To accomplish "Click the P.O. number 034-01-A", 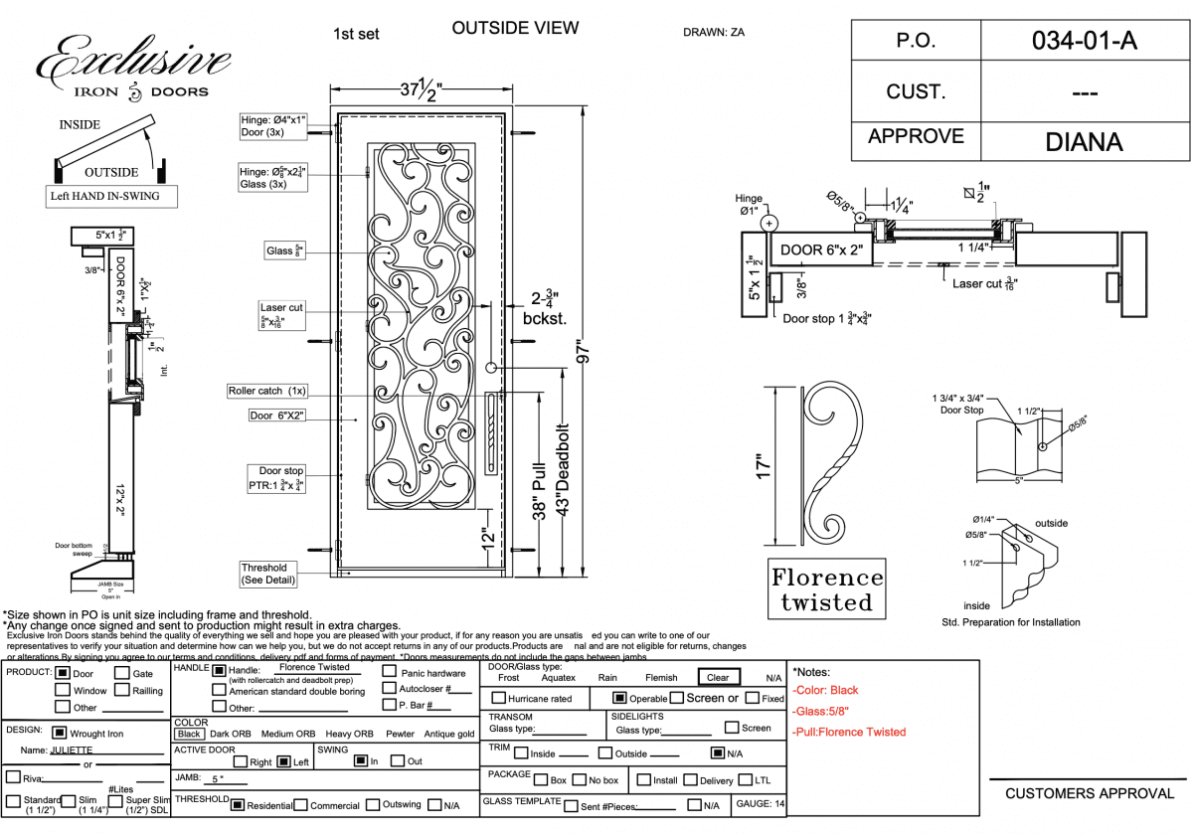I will coord(1084,41).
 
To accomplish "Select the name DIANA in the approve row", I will coord(1084,141).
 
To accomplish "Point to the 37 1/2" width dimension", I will coord(422,89).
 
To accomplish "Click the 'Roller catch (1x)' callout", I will coord(268,391).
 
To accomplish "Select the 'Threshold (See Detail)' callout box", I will coord(263,574).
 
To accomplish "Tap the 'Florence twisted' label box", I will coord(826,589).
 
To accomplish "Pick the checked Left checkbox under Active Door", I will coord(283,762).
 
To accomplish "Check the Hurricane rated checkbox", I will coord(499,699).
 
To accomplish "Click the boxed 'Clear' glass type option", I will coord(718,678).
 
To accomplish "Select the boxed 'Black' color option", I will coord(190,734).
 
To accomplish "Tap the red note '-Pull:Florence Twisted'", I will coord(849,732).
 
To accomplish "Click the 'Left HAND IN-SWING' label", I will coord(104,196).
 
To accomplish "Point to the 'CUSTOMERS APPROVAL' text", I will coord(1090,793).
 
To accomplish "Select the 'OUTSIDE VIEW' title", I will coord(515,28).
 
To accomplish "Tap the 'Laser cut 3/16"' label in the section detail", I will coord(985,283).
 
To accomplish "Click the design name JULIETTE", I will coord(71,751).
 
